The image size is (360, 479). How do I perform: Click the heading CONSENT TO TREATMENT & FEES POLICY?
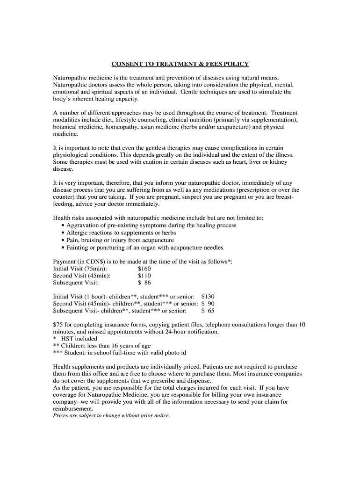coord(180,64)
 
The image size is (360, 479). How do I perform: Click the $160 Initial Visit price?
coord(144,269)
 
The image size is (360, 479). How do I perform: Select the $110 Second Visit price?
coord(144,276)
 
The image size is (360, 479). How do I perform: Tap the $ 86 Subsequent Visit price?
coord(144,283)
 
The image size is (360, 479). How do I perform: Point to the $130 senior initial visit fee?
coord(208,297)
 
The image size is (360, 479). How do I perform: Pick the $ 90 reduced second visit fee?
coord(208,304)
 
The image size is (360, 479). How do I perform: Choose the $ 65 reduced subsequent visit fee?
coord(208,311)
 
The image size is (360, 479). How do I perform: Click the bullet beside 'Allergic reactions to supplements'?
coord(63,233)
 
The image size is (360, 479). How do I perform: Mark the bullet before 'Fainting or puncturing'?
coord(63,248)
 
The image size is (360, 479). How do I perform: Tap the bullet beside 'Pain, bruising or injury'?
coord(63,240)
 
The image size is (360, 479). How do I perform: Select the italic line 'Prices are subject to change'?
coord(111,415)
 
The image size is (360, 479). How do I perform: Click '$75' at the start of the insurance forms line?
coord(58,324)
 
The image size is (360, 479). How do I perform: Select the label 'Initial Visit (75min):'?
coord(80,269)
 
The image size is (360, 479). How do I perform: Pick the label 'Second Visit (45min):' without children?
coord(82,276)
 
